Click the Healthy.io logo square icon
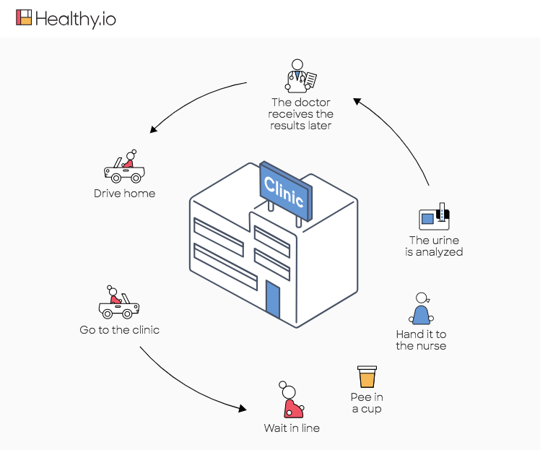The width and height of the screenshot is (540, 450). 25,18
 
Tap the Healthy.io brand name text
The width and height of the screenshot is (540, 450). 75,19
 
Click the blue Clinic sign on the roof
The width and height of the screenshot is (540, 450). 287,190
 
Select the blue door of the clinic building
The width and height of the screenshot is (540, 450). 272,299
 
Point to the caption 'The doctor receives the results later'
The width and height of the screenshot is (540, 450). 301,114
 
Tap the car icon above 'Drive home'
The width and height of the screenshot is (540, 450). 124,168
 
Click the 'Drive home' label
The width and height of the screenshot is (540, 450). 124,194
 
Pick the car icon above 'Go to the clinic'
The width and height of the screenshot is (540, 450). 119,303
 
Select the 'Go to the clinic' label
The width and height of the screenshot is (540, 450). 120,330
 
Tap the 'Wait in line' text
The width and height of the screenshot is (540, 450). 292,428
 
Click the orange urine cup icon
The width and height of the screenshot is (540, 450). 367,376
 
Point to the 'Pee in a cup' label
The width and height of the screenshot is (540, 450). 367,403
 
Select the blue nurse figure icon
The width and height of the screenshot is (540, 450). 421,309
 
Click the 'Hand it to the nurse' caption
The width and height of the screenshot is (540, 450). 421,340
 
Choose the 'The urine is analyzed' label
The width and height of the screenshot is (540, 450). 435,246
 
